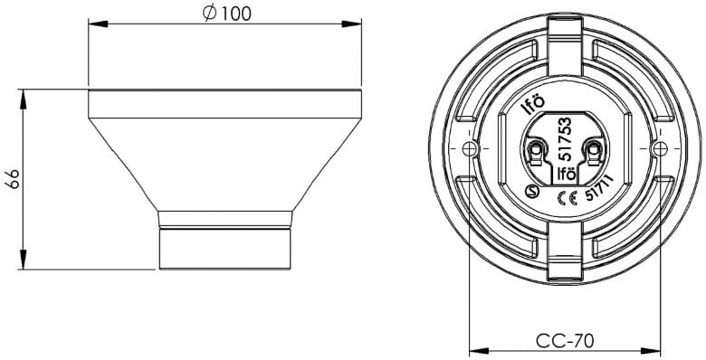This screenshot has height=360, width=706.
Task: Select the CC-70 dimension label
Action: coord(565,341)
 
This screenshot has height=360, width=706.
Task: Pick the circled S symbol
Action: coord(534,191)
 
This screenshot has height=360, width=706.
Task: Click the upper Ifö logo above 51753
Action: coord(535,105)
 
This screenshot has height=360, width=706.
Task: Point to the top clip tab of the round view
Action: coord(565,36)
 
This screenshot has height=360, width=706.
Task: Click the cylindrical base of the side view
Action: coord(225,248)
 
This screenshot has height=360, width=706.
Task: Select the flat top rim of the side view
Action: coord(225,93)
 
